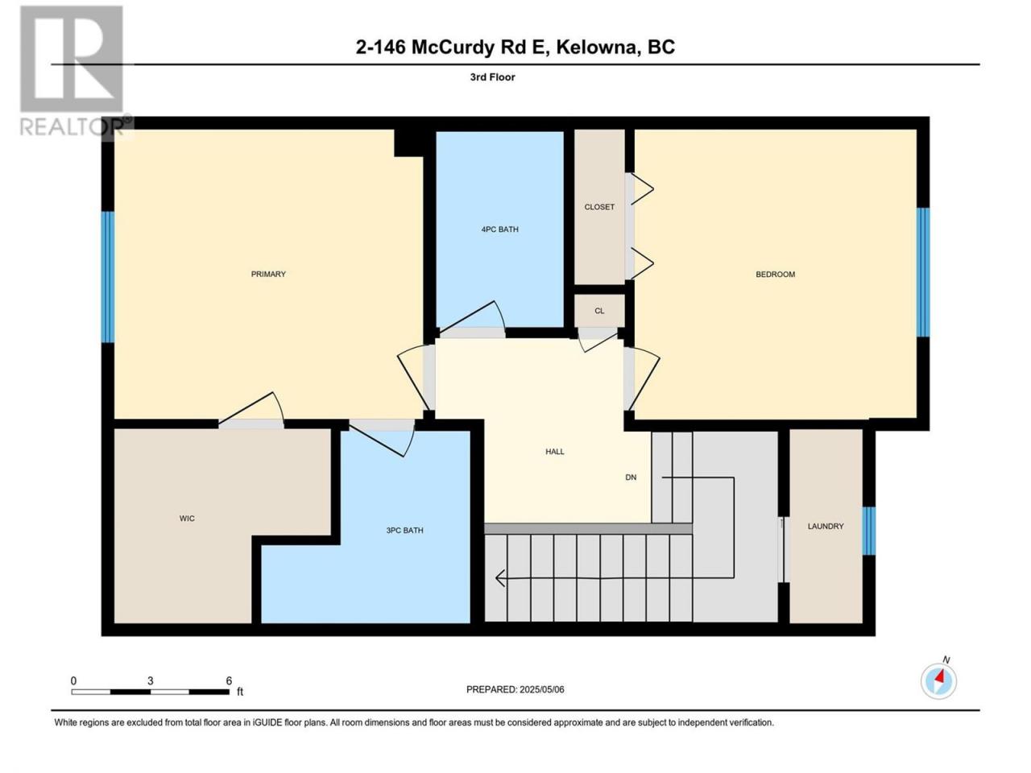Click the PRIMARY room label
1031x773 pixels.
(268, 274)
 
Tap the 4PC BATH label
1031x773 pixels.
(499, 229)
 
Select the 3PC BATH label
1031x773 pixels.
(404, 531)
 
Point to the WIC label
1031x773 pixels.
(187, 518)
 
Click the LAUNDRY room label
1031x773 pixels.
(826, 526)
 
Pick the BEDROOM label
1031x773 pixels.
(775, 274)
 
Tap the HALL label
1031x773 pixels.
(555, 452)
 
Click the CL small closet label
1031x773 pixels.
(599, 311)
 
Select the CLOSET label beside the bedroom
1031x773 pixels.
(599, 207)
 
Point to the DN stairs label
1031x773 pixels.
(631, 477)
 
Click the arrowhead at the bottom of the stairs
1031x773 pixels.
(500, 578)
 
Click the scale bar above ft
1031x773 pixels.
(151, 692)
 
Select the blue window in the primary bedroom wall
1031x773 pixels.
(108, 277)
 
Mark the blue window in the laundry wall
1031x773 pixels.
(869, 531)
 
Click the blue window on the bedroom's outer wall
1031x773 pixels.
(923, 272)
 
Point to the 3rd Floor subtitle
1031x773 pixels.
(492, 77)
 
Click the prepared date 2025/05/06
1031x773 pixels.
(541, 689)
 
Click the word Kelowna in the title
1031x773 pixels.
(597, 48)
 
